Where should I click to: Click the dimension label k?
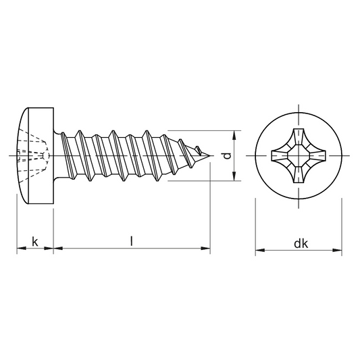pyautogui.click(x=35, y=242)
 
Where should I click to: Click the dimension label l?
pyautogui.click(x=131, y=242)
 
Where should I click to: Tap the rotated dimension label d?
pyautogui.click(x=227, y=156)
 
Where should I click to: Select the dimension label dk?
pyautogui.click(x=301, y=244)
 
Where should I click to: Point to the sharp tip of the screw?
pyautogui.click(x=210, y=156)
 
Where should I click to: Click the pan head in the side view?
pyautogui.click(x=36, y=155)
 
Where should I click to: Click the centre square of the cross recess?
pyautogui.click(x=299, y=155)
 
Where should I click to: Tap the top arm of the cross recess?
pyautogui.click(x=299, y=137)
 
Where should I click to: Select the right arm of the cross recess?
pyautogui.click(x=317, y=155)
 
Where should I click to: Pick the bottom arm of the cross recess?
pyautogui.click(x=299, y=174)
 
